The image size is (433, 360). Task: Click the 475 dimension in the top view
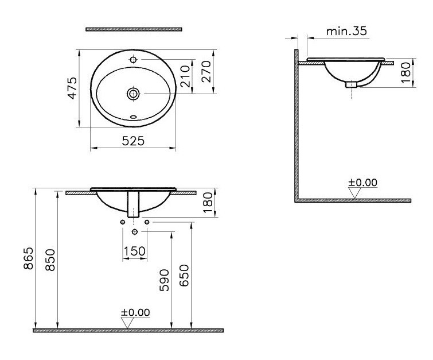pos(72,88)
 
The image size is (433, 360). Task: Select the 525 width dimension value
pos(134,140)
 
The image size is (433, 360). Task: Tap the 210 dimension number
pos(185,76)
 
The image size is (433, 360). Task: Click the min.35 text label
pos(346,32)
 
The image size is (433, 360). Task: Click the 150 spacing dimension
pos(135,251)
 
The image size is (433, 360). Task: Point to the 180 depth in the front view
pos(209,203)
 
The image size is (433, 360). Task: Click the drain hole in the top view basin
pos(134,93)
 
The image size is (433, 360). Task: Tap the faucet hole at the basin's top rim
pos(134,59)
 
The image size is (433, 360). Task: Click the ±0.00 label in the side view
pos(362,183)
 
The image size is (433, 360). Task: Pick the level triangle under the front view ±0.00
pos(128,323)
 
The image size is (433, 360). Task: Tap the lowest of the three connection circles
pos(135,232)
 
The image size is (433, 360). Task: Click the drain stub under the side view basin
pos(351,84)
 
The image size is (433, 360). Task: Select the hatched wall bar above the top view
pos(134,28)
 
